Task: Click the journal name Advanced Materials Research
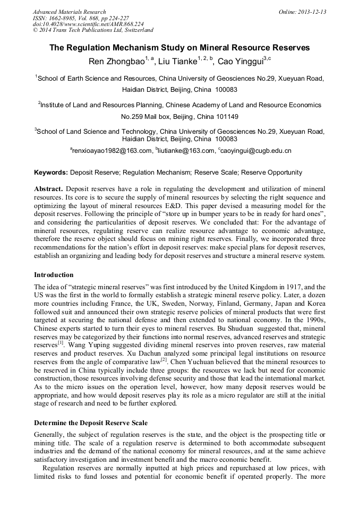[69, 12]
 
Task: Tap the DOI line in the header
[88, 24]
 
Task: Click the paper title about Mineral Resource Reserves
[179, 48]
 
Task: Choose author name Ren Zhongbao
[116, 62]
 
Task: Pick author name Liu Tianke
[177, 62]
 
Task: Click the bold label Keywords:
[51, 172]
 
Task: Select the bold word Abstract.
[49, 189]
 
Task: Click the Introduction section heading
[54, 275]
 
